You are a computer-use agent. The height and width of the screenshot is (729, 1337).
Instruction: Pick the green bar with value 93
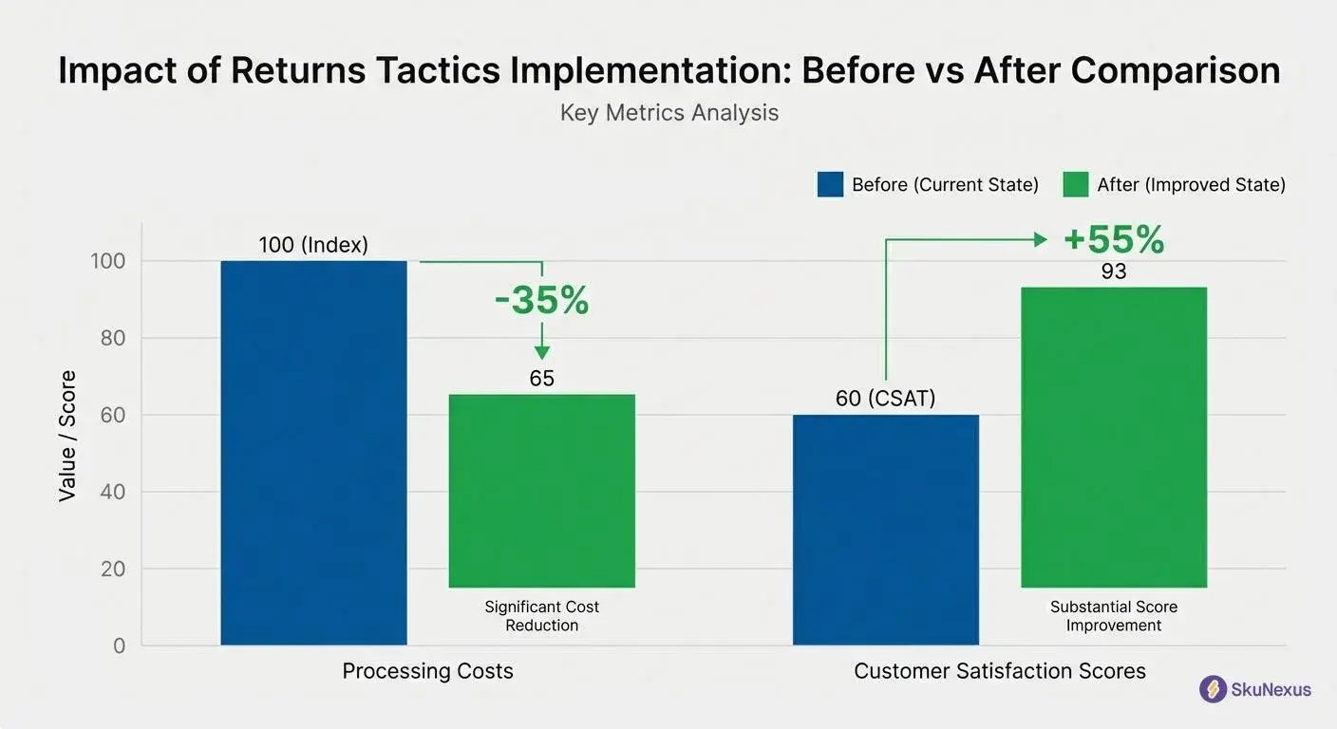tap(1113, 437)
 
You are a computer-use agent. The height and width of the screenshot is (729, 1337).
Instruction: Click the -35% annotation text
tap(541, 300)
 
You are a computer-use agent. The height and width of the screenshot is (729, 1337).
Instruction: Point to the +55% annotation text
tap(1113, 239)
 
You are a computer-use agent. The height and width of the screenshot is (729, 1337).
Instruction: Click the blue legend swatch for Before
tap(830, 184)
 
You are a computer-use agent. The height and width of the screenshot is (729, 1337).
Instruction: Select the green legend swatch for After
tap(1075, 184)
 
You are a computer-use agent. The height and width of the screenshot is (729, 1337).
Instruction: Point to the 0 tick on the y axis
tap(119, 645)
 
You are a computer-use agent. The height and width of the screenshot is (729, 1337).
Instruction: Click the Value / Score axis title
tap(67, 437)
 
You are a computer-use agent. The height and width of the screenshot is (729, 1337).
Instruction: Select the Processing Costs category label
tap(427, 671)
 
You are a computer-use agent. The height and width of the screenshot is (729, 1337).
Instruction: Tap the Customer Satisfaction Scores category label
tap(1000, 671)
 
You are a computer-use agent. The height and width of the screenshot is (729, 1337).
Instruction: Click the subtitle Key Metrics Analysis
tap(668, 113)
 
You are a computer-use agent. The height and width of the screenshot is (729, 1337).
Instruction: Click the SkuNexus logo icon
tap(1213, 689)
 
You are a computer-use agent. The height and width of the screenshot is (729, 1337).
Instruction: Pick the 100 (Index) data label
tap(313, 245)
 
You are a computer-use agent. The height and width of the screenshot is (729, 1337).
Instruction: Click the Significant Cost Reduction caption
tap(541, 615)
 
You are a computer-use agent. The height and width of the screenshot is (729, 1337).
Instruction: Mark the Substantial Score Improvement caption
tap(1113, 615)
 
